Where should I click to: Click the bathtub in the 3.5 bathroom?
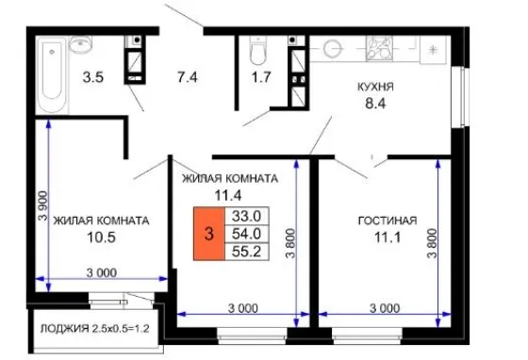coord(52,75)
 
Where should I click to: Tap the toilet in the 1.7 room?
coord(258,50)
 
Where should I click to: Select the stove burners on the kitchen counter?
coord(379,48)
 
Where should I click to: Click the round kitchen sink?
coord(331,48)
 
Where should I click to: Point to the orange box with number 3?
coord(209,234)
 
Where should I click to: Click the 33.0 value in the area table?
coord(246,216)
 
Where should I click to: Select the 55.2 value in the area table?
coord(246,252)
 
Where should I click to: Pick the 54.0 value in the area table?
coord(246,234)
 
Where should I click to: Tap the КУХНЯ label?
coord(375,87)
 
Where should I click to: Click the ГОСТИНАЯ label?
coord(388,221)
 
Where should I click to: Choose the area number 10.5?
coord(101,237)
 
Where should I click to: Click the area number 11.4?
coord(228,195)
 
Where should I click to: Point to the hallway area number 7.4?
coord(188,77)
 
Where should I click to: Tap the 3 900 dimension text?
coord(43,205)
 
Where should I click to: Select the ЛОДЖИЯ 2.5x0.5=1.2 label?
coord(94,328)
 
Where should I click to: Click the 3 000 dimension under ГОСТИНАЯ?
coord(385,308)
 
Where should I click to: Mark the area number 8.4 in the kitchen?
coord(375,104)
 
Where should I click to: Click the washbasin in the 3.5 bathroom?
coord(80,43)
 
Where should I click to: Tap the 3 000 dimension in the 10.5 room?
coord(102,272)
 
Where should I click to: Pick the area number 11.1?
coord(388,237)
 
